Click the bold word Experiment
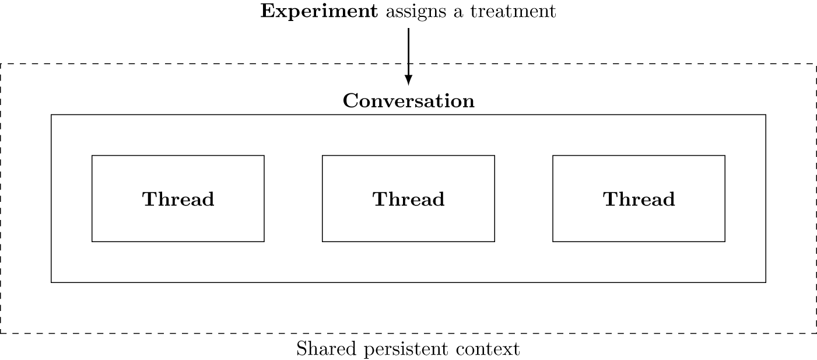point(319,12)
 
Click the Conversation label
point(408,101)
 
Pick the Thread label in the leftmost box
point(178,200)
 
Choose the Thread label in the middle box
point(408,200)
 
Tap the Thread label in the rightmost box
point(639,200)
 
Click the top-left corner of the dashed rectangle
point(1,64)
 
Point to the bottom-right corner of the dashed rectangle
point(816,333)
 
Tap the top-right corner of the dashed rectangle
point(816,64)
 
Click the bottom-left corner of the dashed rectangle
point(1,333)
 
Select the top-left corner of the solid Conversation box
point(51,115)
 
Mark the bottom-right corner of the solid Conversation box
point(765,282)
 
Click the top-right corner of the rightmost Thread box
point(725,156)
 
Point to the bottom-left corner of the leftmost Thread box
point(92,241)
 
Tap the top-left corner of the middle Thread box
point(322,156)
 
